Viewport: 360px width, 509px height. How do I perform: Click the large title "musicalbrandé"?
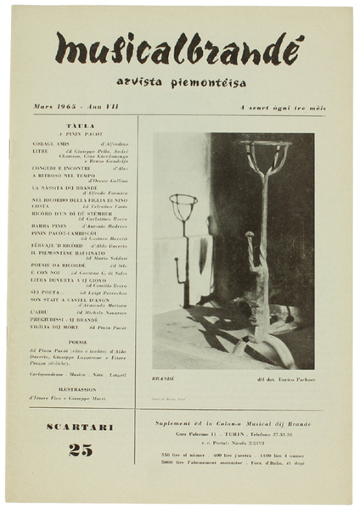point(179,50)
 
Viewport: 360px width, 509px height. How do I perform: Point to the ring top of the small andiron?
point(183,206)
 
